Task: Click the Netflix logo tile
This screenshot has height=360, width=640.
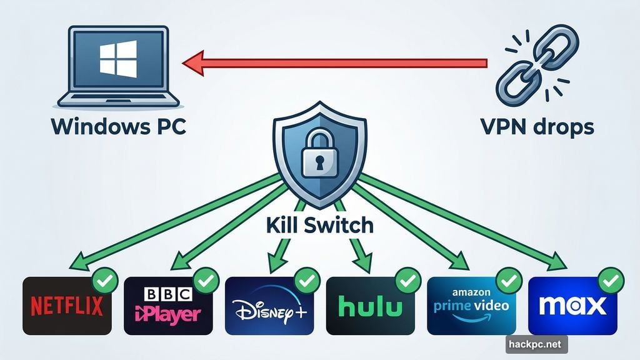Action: coord(67,306)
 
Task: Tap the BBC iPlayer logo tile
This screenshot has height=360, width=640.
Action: coord(168,306)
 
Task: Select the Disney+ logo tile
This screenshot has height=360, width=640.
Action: coord(269,306)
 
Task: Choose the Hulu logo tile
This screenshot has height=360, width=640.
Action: coord(371,306)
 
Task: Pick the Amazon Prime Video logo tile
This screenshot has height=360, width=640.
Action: coord(471,306)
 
